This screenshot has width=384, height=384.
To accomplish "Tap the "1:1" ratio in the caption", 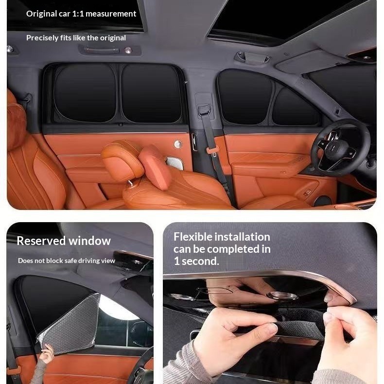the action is pos(78,14).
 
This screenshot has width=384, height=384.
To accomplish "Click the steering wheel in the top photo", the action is pos(340,147).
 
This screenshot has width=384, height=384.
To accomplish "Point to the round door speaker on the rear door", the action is pos(178,144).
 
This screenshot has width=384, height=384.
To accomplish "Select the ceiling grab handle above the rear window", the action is pos(102,51).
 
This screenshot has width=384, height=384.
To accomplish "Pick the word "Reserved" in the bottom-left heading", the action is pos(41,241).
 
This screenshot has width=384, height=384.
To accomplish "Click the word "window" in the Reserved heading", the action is pos(89,241).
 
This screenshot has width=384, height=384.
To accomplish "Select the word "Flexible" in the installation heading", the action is pos(193,237).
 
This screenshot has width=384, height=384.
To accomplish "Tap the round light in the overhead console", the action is pos(281,296).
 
